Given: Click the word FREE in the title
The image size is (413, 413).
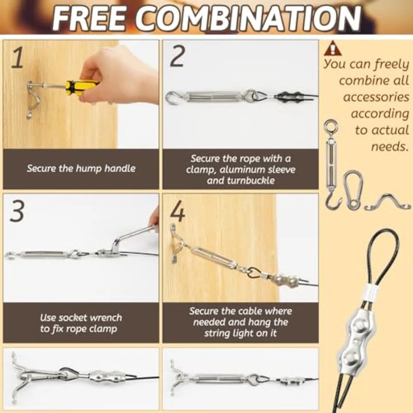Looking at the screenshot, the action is pos(89,18).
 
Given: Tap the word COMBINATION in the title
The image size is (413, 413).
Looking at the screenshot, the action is pos(248,18).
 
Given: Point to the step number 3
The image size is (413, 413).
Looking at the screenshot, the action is pos(17,211).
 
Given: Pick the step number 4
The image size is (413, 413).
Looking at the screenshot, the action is pos(177,211).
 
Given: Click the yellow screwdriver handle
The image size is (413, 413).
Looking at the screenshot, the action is pos(81,86).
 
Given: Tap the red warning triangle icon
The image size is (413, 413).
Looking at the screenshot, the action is pos(333,48).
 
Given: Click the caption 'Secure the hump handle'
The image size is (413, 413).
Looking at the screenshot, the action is pos(81,168).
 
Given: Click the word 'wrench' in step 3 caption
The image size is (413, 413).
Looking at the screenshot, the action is pos(106,318).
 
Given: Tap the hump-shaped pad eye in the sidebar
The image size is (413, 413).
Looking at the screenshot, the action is pos(387,202).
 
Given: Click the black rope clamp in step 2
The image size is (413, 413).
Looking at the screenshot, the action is pos(287,97).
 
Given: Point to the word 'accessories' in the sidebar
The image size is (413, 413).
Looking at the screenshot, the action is pos(376,97).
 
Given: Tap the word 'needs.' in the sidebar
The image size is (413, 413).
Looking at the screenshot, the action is pos(390,146).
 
